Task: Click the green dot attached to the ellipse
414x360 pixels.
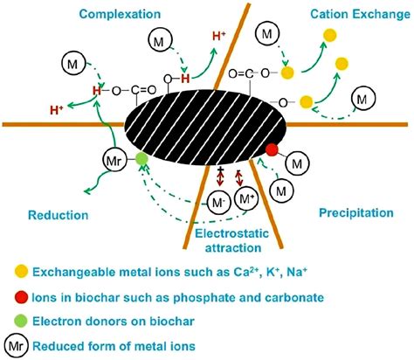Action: (141, 159)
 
